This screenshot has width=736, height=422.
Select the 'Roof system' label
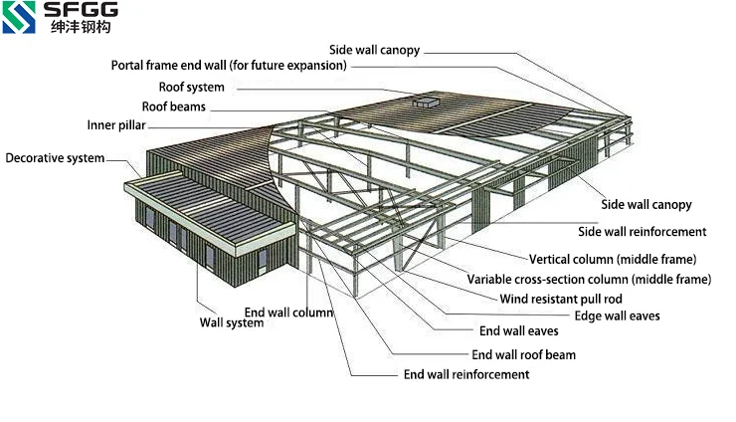coord(192,88)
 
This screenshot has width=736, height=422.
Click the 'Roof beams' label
coord(175,105)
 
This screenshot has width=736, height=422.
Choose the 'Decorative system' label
coord(55,158)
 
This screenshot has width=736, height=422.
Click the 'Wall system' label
coord(232,322)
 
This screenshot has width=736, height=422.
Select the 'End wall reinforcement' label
coord(465,374)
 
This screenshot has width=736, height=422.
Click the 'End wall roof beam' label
coord(523,354)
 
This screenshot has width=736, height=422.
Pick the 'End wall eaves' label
coord(518,331)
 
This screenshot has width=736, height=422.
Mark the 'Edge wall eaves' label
coord(618,316)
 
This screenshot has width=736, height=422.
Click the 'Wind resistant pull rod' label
coord(575,298)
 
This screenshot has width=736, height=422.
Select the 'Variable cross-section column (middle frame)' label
coord(589,279)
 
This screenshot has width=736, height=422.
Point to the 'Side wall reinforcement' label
coord(642,232)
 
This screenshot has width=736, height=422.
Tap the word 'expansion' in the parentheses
coord(313,66)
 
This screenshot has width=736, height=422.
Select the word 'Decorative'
coord(35,158)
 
